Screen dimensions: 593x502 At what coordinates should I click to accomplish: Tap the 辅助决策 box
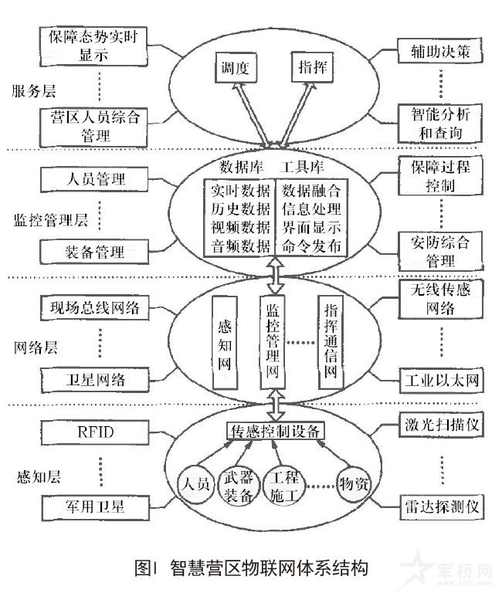[x=440, y=52]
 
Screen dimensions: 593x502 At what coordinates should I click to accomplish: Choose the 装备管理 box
[x=93, y=249]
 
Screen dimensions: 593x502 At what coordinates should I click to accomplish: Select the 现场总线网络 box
[x=93, y=307]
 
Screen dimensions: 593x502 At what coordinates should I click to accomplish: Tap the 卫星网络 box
[x=93, y=379]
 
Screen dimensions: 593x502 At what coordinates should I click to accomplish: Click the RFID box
[x=93, y=431]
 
